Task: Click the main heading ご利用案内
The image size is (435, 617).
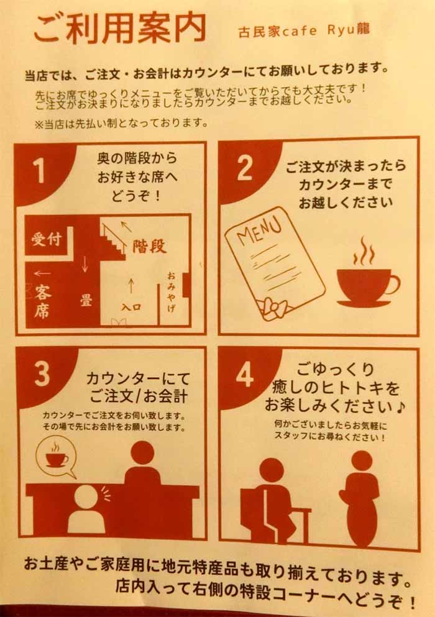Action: click(120, 29)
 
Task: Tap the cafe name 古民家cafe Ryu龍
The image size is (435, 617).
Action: click(304, 30)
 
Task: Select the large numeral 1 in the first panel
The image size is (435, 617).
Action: click(39, 171)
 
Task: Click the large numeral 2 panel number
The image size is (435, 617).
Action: click(244, 168)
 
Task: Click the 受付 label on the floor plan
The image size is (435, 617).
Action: click(47, 239)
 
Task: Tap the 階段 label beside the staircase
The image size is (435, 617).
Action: click(149, 246)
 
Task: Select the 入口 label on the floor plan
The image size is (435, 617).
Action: click(132, 307)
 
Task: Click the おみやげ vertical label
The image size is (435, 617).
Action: click(172, 291)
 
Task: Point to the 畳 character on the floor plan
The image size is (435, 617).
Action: click(86, 301)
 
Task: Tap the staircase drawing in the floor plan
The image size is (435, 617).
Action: click(113, 242)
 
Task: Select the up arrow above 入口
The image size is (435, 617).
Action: click(131, 286)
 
